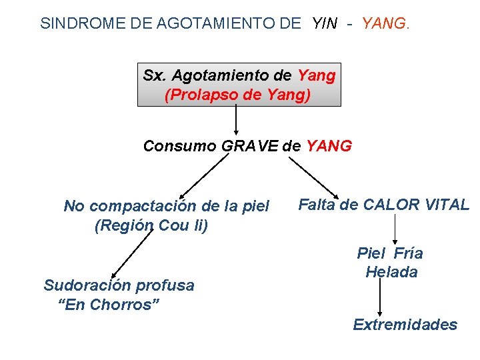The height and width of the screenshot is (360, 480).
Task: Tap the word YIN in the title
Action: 325,23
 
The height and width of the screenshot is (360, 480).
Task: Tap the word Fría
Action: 408,253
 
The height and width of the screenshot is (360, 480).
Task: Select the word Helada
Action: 391,272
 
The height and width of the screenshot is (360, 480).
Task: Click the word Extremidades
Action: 405,325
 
